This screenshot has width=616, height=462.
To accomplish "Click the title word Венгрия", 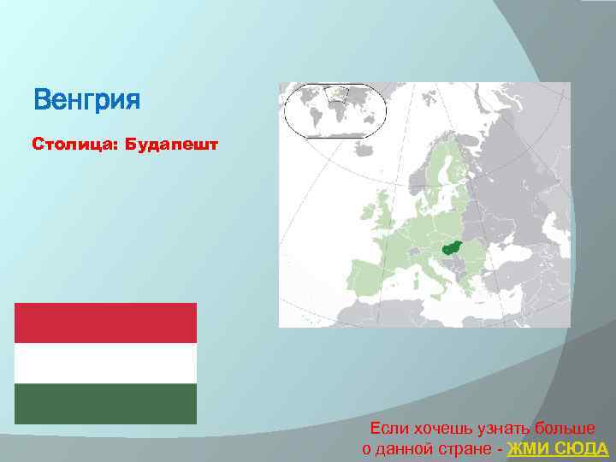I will pos(86,102).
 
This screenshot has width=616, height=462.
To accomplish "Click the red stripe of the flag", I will pos(105,323).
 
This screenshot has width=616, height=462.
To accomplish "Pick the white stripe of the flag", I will pos(105,364).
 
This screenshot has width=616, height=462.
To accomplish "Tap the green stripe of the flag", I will pos(105,404).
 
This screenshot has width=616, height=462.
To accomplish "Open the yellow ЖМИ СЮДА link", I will pos(558,449).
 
